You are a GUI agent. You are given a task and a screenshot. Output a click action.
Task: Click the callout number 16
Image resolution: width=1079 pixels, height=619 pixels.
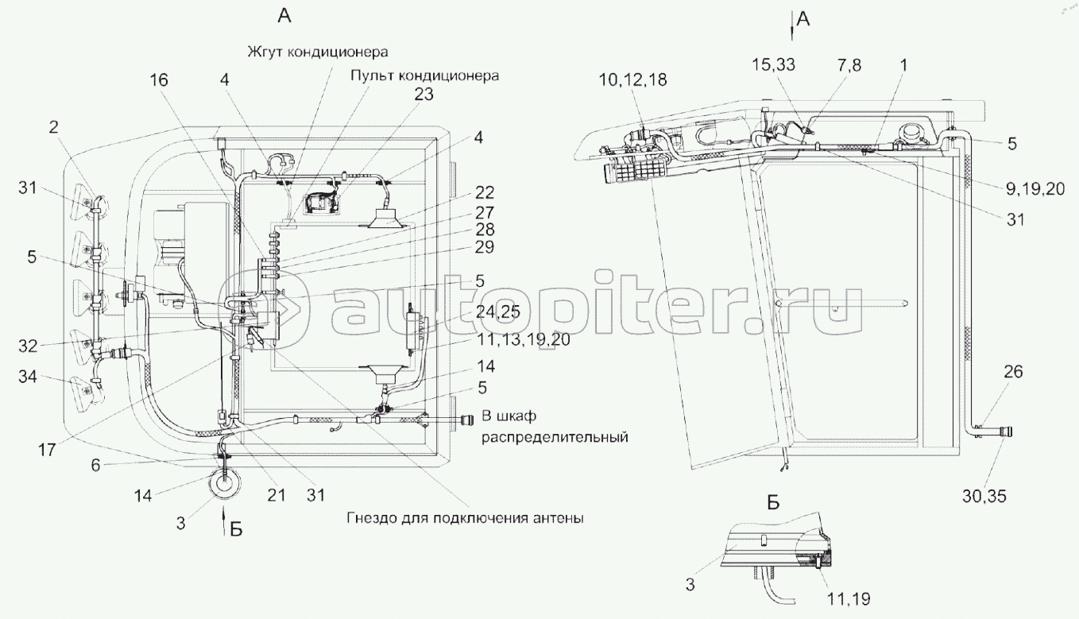pos(158,80)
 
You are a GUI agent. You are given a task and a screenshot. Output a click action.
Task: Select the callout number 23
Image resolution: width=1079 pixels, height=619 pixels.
pos(424,94)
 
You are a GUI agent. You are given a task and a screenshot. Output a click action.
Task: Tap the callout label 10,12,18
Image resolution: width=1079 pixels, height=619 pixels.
pos(632,80)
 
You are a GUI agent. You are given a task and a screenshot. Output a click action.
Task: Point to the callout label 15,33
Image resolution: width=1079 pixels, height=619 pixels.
pos(773,64)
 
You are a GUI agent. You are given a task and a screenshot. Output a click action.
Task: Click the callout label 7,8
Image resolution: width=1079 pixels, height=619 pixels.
pos(849,64)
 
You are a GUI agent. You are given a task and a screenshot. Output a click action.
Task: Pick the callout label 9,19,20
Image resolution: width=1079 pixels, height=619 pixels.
pos(1035,189)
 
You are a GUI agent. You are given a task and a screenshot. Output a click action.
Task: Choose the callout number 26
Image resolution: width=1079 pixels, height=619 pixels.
pos(1013,371)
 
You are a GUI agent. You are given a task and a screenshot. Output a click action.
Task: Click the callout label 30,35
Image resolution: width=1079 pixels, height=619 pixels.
pos(984,496)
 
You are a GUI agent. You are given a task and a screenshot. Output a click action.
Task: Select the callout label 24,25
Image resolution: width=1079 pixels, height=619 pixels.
pos(497,311)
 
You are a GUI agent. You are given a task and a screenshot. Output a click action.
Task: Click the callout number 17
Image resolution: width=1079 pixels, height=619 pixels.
pos(47,451)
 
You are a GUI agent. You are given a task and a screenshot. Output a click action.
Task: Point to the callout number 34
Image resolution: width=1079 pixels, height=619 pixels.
pos(28,376)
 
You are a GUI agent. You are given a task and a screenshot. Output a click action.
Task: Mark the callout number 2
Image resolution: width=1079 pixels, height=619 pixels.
pos(53,127)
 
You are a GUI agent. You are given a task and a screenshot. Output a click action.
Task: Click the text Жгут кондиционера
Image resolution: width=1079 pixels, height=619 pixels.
pos(318,52)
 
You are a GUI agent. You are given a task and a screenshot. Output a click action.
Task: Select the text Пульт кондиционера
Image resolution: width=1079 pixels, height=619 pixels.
pos(424,75)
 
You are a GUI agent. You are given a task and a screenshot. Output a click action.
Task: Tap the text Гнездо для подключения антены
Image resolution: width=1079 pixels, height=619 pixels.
pos(465,518)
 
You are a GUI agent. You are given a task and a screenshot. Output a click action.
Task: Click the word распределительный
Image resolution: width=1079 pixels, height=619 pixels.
pos(555,437)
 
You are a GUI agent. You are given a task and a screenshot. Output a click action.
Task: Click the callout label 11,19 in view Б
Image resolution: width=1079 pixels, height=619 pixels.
pos(849,599)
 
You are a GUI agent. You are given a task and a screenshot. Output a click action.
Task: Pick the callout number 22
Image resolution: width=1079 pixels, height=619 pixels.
pos(484,192)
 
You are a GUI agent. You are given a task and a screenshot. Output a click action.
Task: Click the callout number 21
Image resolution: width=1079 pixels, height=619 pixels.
pos(276,495)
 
